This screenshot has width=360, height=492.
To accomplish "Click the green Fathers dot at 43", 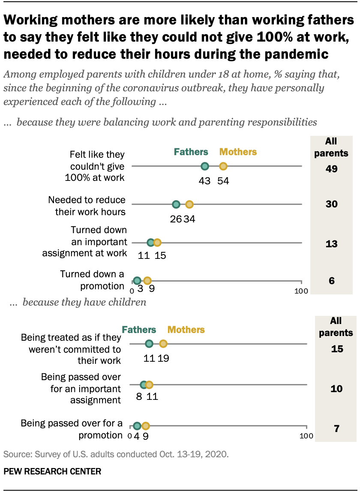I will (205, 166).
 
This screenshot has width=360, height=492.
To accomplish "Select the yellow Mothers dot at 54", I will (223, 166).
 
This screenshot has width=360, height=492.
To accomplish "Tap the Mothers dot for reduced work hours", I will (189, 204).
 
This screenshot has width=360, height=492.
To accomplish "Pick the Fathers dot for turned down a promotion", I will (137, 281).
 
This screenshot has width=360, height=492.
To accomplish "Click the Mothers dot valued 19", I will (163, 344).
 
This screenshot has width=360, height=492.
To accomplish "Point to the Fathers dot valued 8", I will (144, 385).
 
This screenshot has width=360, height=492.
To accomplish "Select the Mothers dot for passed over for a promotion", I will (146, 426).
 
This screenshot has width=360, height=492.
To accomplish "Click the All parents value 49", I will (331, 169).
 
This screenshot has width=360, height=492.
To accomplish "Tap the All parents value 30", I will (331, 204).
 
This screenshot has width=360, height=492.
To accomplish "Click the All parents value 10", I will (337, 389).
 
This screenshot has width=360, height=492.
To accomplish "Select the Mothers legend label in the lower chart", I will (186, 330).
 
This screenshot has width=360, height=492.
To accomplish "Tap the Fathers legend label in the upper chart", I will (191, 152).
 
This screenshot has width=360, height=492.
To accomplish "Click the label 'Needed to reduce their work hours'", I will (87, 206).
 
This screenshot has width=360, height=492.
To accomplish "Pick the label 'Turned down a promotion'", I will (92, 279).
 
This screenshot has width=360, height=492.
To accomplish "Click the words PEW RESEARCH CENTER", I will (52, 472).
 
